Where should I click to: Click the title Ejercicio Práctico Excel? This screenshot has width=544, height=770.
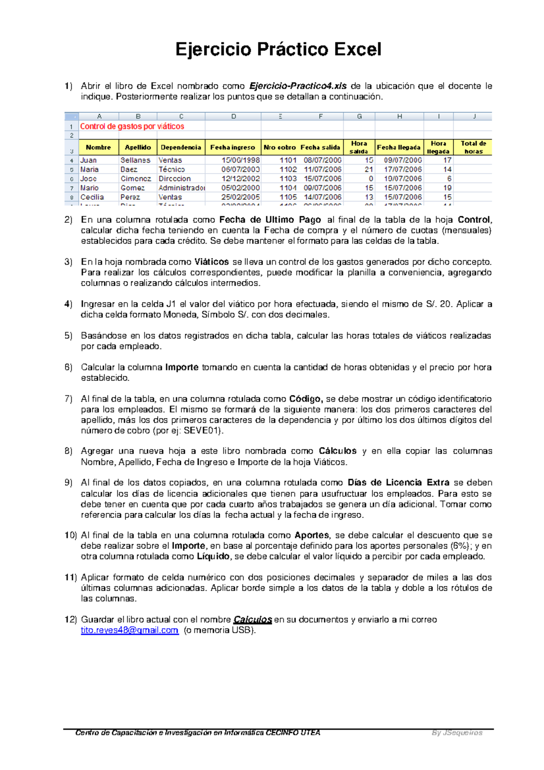278,49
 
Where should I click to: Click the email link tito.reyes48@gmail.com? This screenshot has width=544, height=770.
129,630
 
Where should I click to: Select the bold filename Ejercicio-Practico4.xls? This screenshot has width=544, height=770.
298,86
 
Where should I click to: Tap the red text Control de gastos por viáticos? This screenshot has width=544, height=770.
132,127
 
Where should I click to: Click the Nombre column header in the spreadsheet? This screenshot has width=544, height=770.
98,147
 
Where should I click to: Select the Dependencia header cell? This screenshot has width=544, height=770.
181,147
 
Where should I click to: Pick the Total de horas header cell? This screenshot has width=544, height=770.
473,147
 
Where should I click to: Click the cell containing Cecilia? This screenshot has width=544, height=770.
92,197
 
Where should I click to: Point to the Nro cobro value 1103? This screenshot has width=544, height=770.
288,179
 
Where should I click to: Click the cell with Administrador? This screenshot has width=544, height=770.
181,188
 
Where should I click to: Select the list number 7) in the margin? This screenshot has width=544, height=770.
68,399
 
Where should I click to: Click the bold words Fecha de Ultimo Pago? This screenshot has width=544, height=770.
270,220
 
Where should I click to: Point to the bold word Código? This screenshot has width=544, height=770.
306,399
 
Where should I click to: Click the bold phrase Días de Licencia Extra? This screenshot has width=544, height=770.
398,482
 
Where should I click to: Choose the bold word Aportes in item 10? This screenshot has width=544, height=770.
312,535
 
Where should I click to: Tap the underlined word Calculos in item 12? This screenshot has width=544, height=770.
253,619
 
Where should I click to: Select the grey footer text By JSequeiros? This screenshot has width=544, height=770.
457,733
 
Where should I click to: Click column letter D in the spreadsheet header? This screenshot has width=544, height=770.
233,117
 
